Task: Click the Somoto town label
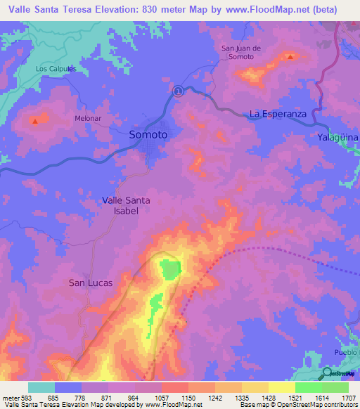[148, 134]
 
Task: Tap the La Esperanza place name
[278, 113]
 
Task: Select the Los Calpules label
[56, 69]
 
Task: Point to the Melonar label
[89, 118]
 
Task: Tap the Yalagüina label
[337, 137]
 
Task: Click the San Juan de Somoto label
[242, 53]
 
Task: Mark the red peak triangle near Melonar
[34, 122]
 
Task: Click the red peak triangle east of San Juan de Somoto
[290, 56]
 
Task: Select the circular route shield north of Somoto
[179, 90]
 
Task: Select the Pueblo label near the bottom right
[345, 352]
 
